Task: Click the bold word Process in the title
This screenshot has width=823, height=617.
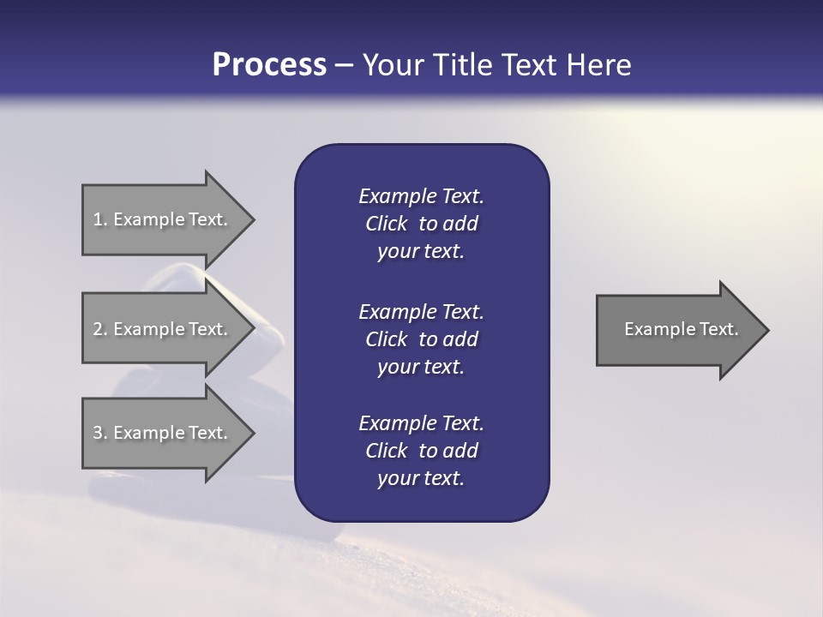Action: (x=269, y=65)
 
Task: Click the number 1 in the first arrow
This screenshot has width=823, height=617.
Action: (x=98, y=219)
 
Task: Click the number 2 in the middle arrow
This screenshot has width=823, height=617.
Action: (x=98, y=329)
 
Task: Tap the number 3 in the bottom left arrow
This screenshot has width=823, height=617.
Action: (x=98, y=433)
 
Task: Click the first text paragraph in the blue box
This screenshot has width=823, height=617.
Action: (x=421, y=224)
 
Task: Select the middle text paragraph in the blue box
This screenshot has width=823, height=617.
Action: (x=421, y=338)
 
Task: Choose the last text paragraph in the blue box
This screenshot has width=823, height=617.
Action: (x=421, y=451)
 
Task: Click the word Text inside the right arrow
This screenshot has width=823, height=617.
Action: (x=718, y=329)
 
